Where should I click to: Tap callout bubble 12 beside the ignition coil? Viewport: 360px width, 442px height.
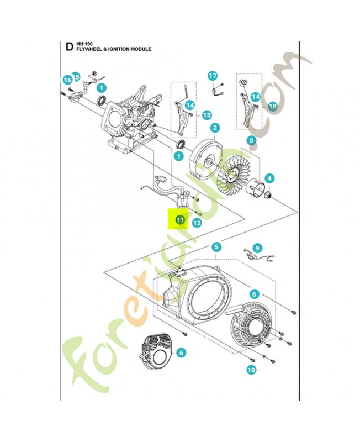(x=197, y=223)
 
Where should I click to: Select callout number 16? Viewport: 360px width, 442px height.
(x=67, y=80)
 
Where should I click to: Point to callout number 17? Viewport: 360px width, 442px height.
(x=213, y=76)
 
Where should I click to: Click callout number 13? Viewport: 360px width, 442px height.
(x=207, y=115)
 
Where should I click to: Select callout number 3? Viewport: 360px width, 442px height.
(x=251, y=141)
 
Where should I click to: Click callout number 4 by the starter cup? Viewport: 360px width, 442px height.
(x=269, y=178)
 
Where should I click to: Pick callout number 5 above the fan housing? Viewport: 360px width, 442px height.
(x=216, y=247)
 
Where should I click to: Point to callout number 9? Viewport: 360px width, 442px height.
(x=257, y=248)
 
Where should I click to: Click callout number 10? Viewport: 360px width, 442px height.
(x=251, y=370)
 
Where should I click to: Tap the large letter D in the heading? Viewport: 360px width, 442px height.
(x=69, y=46)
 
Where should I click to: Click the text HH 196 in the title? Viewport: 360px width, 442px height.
(x=84, y=43)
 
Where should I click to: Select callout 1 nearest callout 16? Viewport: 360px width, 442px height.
(x=101, y=87)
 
